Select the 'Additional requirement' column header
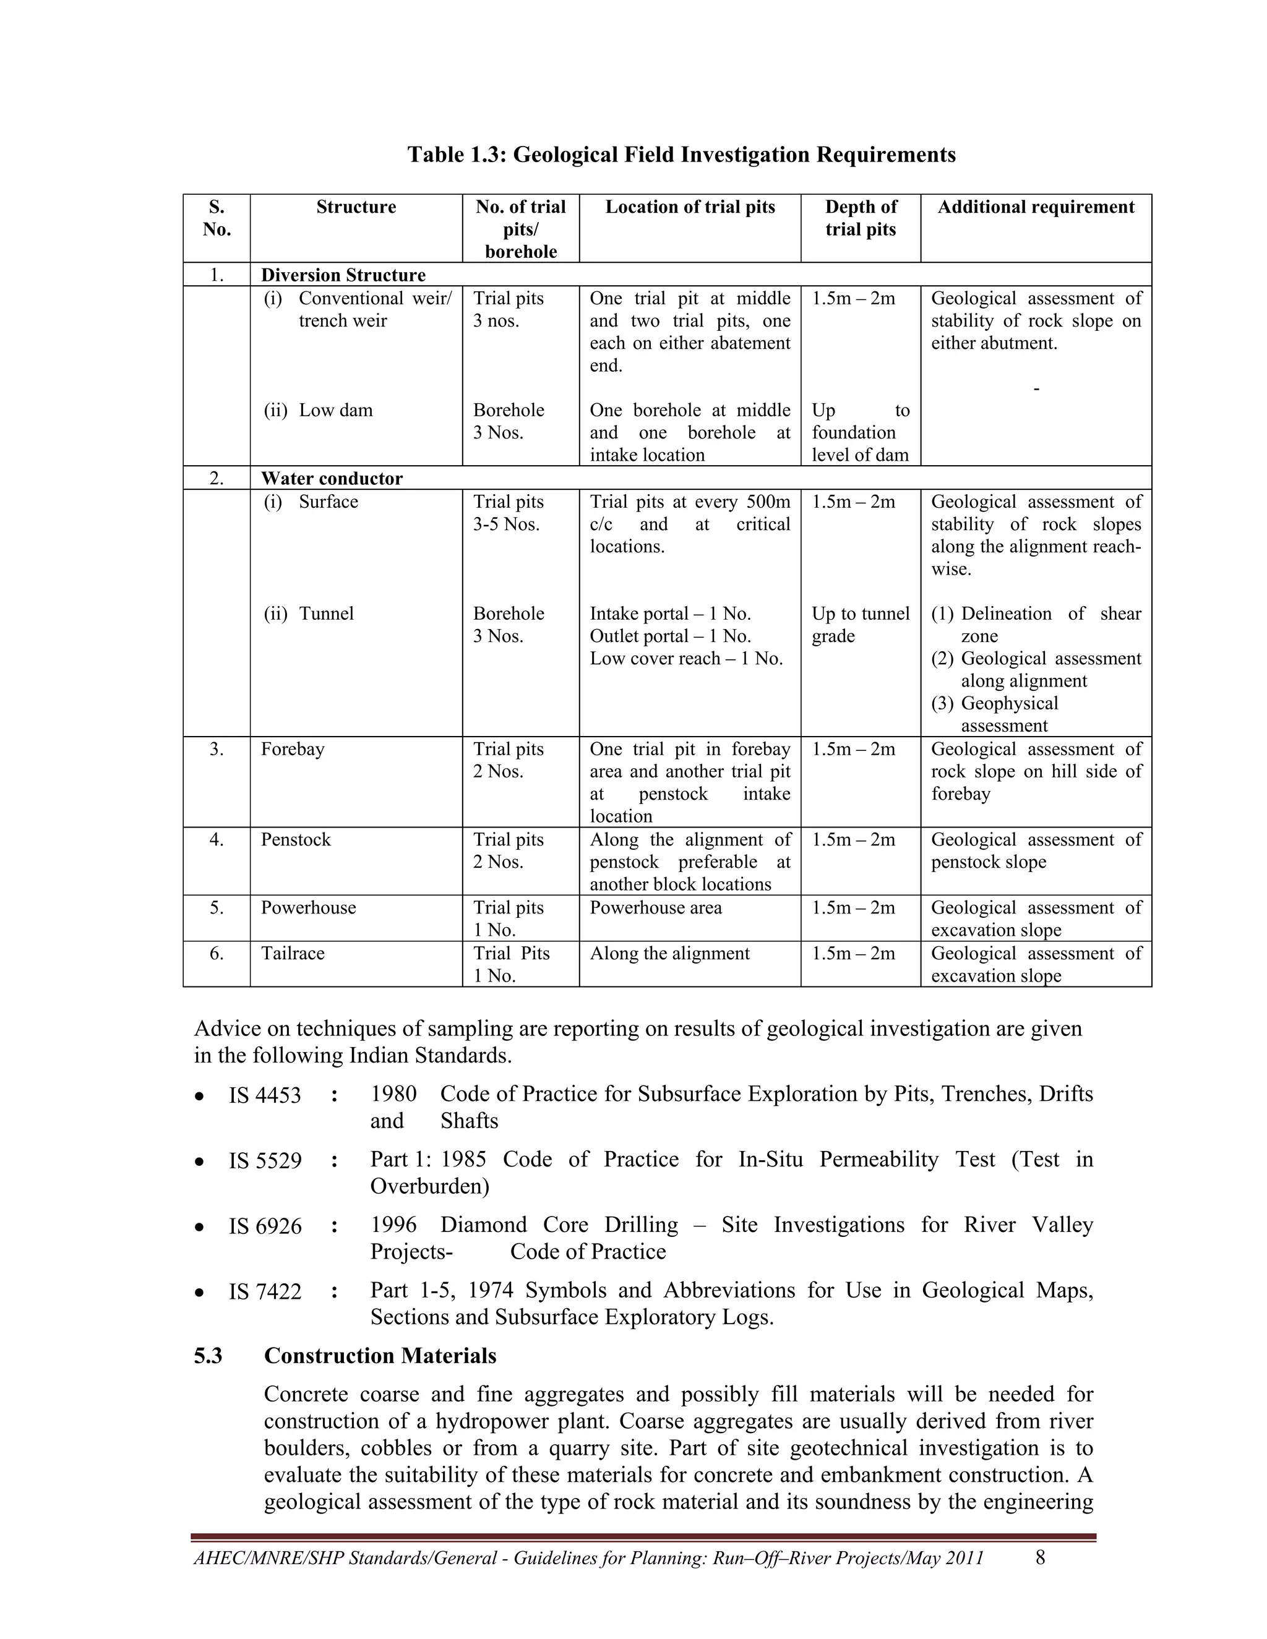[x=1035, y=207]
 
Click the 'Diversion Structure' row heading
[x=343, y=275]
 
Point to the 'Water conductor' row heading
[x=332, y=478]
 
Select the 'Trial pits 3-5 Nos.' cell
[x=507, y=513]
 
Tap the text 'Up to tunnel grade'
[x=859, y=625]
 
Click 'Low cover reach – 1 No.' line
[x=685, y=658]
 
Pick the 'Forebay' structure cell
[x=293, y=749]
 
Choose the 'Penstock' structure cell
[x=296, y=839]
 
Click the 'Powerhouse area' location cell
[x=655, y=907]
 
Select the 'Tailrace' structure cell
[x=293, y=953]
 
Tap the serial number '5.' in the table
[x=216, y=907]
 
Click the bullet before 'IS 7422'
[x=199, y=1292]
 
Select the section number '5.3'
[x=208, y=1355]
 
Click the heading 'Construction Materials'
[x=380, y=1355]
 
